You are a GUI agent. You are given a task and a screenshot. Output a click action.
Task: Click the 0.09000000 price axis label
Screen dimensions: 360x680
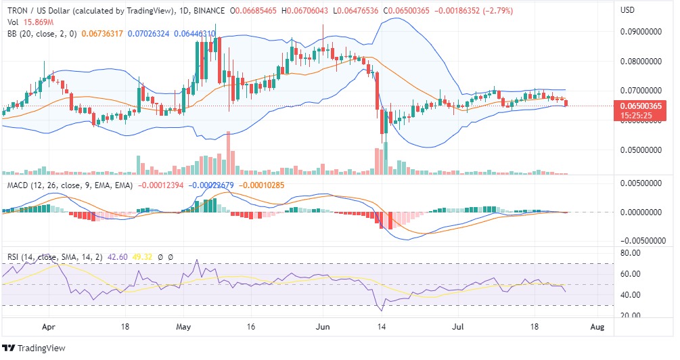coord(640,32)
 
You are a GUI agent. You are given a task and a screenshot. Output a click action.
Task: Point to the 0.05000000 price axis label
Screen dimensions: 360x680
coord(640,150)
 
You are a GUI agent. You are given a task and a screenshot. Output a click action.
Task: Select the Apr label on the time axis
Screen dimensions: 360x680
coord(49,326)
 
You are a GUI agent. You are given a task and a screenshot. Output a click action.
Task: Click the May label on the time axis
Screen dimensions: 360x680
coord(184,326)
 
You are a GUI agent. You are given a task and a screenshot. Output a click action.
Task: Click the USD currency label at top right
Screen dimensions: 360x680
coord(627,11)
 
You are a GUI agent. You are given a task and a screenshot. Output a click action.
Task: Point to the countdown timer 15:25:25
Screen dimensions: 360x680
coord(635,116)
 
